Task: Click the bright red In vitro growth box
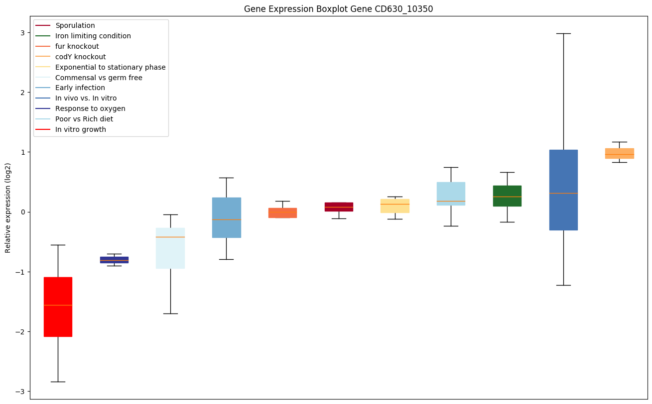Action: click(x=58, y=306)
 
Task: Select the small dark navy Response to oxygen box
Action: click(x=114, y=260)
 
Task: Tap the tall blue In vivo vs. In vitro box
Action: click(x=563, y=190)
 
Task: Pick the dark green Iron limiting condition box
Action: click(x=507, y=196)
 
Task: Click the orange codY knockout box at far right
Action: click(x=619, y=153)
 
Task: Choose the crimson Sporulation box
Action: click(x=339, y=206)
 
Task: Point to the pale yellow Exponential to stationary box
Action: click(x=395, y=205)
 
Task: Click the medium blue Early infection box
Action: click(x=226, y=217)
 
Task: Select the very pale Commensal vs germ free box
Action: click(x=170, y=248)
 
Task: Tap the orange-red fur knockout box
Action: click(x=282, y=212)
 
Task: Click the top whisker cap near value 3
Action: click(x=563, y=33)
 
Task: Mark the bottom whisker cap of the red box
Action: click(x=58, y=382)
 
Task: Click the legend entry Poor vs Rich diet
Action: click(x=84, y=119)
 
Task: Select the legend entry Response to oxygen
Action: click(x=90, y=108)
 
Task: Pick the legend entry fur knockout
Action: click(x=77, y=46)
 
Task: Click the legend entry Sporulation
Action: click(x=75, y=25)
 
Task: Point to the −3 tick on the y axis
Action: click(x=22, y=392)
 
